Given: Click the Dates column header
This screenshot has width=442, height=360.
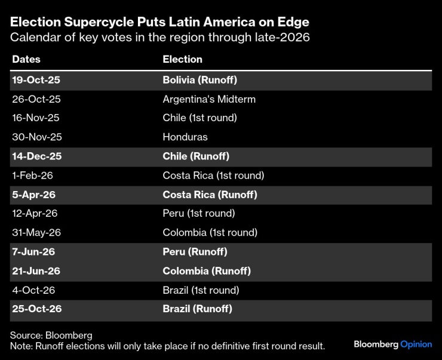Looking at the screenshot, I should pyautogui.click(x=26, y=59).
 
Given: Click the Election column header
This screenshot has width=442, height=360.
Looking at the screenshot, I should pyautogui.click(x=182, y=59).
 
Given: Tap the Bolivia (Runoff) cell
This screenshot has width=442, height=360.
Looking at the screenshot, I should pyautogui.click(x=200, y=79).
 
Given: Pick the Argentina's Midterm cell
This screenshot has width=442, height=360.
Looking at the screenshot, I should pyautogui.click(x=209, y=99).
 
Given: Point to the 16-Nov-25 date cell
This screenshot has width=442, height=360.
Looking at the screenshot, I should pyautogui.click(x=36, y=118).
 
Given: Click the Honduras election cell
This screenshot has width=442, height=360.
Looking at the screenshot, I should pyautogui.click(x=185, y=137).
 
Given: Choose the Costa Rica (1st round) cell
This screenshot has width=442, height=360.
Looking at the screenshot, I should pyautogui.click(x=213, y=176).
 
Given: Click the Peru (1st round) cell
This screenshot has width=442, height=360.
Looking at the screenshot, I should pyautogui.click(x=199, y=213).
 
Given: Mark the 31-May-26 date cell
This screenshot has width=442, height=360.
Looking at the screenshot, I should pyautogui.click(x=37, y=232).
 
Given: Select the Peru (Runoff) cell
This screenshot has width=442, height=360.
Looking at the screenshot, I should pyautogui.click(x=195, y=252).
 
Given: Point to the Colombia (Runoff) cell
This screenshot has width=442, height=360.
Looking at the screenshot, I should pyautogui.click(x=207, y=271).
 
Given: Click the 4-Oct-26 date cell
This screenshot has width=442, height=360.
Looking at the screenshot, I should pyautogui.click(x=33, y=290).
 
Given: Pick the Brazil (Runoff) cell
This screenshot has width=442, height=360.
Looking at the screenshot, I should pyautogui.click(x=197, y=309).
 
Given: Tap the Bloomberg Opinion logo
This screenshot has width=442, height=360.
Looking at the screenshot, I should pyautogui.click(x=392, y=344).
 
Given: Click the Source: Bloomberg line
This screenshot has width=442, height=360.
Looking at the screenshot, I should pyautogui.click(x=51, y=336).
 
